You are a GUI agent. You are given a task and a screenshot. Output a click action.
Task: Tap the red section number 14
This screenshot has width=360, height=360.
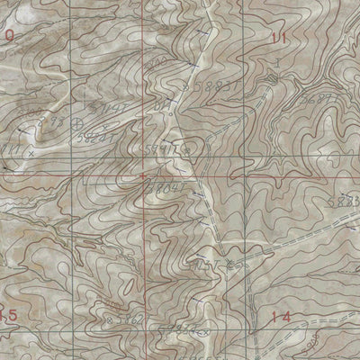click(x=281, y=317)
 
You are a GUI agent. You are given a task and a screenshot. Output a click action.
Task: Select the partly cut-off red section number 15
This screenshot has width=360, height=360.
click(x=9, y=316)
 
